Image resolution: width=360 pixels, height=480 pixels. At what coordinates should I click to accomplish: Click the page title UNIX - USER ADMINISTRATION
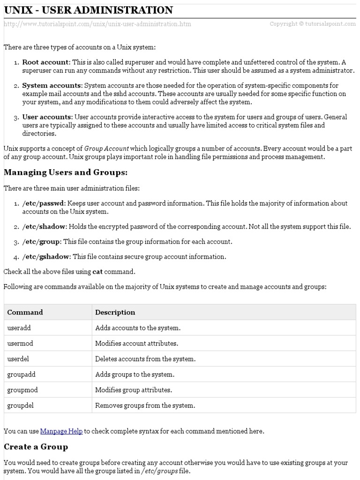[x=88, y=10]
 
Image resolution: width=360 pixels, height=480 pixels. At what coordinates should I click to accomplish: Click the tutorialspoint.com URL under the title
[x=97, y=24]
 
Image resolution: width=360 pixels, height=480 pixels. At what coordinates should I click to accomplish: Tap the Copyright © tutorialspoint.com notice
[x=313, y=24]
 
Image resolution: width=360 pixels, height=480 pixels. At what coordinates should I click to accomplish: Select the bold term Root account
[x=45, y=62]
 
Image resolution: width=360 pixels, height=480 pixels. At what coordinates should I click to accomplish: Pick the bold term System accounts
[x=52, y=85]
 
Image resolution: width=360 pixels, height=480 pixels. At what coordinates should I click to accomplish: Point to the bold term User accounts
[x=47, y=117]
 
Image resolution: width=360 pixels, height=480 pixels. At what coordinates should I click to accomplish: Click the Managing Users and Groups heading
[x=66, y=172]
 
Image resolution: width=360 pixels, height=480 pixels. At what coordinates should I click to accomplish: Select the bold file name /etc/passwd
[x=43, y=203]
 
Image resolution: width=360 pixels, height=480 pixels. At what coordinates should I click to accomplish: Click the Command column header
[x=25, y=312]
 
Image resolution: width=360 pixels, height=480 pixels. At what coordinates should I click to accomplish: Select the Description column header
[x=115, y=312]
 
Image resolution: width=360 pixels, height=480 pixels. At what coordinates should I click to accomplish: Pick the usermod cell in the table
[x=20, y=343]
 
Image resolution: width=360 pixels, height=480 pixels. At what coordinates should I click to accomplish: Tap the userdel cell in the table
[x=19, y=359]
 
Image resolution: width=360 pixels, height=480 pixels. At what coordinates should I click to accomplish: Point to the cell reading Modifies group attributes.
[x=134, y=390]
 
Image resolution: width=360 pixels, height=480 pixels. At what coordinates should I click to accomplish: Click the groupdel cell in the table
[x=20, y=405]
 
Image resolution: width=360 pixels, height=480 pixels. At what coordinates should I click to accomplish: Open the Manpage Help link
[x=61, y=431]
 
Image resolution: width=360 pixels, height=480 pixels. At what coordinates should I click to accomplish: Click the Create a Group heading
[x=36, y=447]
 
